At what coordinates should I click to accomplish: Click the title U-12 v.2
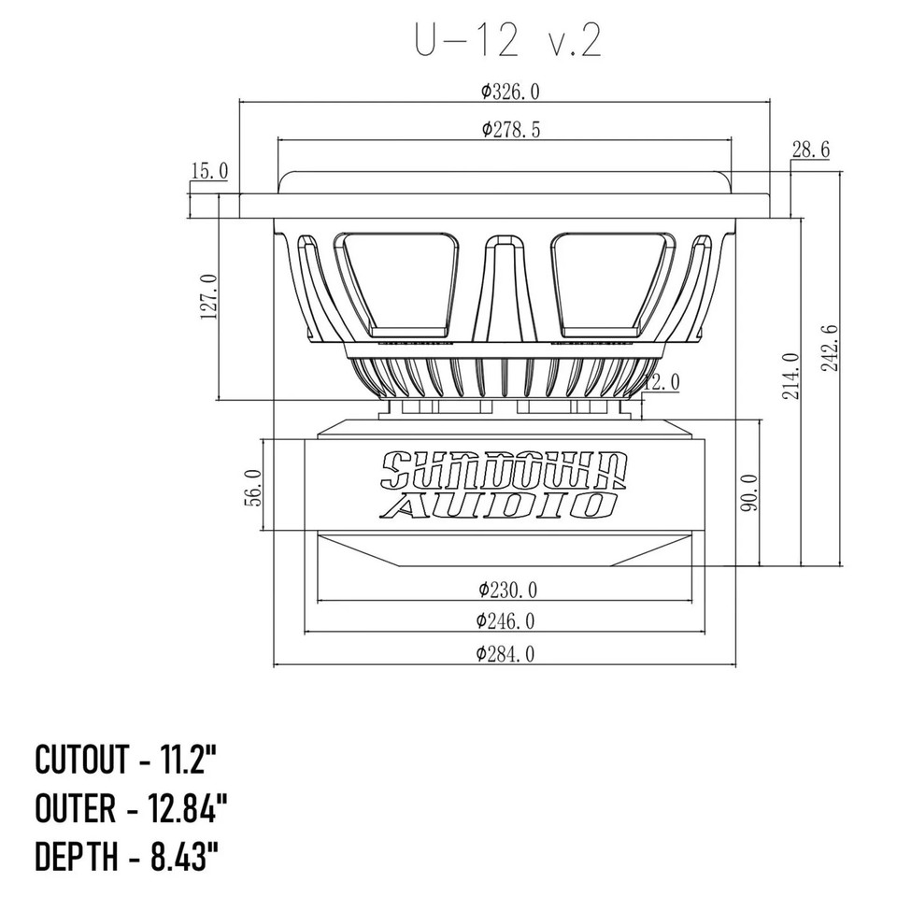507,41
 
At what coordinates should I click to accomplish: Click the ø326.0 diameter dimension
510,91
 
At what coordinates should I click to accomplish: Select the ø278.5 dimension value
510,130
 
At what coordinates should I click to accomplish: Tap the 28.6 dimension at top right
810,149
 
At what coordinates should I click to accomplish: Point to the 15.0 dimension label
209,170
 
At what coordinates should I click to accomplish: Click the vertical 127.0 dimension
208,297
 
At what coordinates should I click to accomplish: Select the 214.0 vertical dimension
790,376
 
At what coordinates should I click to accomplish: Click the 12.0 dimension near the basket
662,381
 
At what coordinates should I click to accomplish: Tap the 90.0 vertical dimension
748,492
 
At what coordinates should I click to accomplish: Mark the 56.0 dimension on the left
249,487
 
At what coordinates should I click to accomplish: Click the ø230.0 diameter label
507,590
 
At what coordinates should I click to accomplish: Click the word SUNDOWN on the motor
505,469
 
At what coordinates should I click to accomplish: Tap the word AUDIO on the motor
505,505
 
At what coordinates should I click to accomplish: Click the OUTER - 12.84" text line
132,807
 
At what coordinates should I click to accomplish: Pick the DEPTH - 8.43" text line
128,856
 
